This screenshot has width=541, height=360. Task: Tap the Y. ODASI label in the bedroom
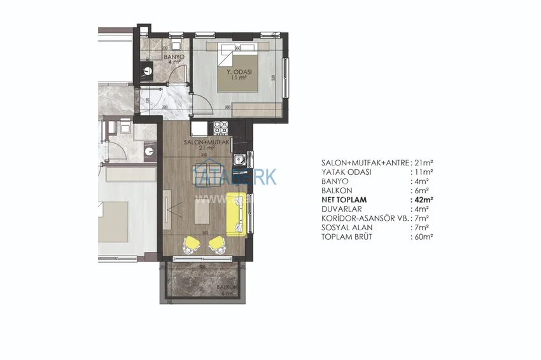239,73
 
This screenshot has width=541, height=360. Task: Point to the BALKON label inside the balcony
227,287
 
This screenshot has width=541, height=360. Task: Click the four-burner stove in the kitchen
221,128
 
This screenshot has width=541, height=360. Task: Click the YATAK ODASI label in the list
349,172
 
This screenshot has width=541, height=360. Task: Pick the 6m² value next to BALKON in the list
421,190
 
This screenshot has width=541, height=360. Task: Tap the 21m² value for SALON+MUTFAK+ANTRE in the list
423,163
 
